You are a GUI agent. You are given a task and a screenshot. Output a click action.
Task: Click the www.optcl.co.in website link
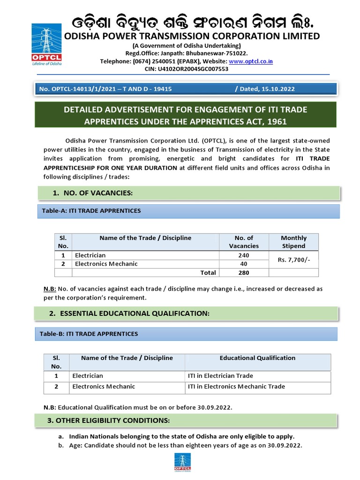[x=251, y=61]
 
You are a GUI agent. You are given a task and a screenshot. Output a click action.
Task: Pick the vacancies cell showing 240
[x=243, y=255]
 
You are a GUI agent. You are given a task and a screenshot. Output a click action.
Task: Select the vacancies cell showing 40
[x=243, y=264]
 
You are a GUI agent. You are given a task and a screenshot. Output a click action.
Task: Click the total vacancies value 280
[x=243, y=272]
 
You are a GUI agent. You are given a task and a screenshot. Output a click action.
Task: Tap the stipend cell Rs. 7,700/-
[x=293, y=260]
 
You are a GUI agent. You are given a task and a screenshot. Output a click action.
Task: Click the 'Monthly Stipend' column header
[x=293, y=242]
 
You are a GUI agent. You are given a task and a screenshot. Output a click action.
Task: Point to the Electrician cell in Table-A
[x=90, y=255]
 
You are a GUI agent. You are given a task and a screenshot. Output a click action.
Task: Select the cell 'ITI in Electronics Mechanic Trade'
[x=236, y=387]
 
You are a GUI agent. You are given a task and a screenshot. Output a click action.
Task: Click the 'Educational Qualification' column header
[x=257, y=358]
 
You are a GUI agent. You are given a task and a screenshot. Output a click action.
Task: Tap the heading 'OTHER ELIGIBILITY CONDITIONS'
[x=108, y=420]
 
